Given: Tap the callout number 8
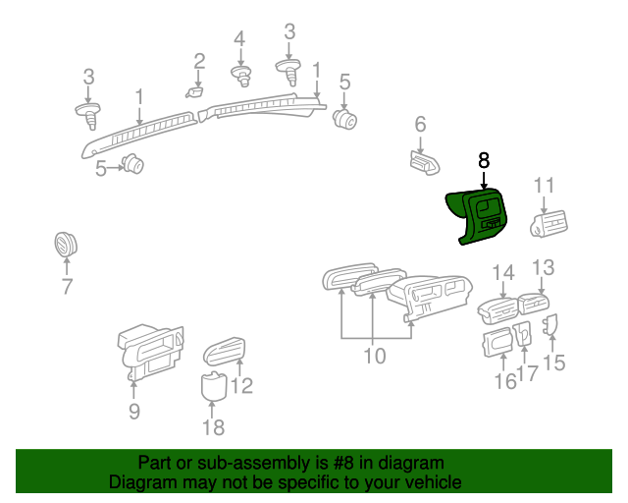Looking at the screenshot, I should pyautogui.click(x=483, y=160).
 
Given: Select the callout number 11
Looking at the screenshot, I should pyautogui.click(x=545, y=185).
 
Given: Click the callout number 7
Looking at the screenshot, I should pyautogui.click(x=67, y=287).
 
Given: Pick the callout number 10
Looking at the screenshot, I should pyautogui.click(x=376, y=355).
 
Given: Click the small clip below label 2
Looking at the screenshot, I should pyautogui.click(x=194, y=92).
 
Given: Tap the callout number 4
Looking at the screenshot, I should pyautogui.click(x=239, y=39).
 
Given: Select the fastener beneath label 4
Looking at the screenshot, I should pyautogui.click(x=239, y=75).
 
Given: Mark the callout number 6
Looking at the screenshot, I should pyautogui.click(x=420, y=124).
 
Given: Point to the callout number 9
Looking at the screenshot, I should pyautogui.click(x=134, y=411).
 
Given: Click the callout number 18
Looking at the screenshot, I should pyautogui.click(x=213, y=426).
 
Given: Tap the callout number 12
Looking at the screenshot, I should pyautogui.click(x=241, y=385).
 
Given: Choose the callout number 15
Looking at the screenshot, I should pyautogui.click(x=554, y=363).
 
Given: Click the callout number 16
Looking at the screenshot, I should pyautogui.click(x=504, y=381).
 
